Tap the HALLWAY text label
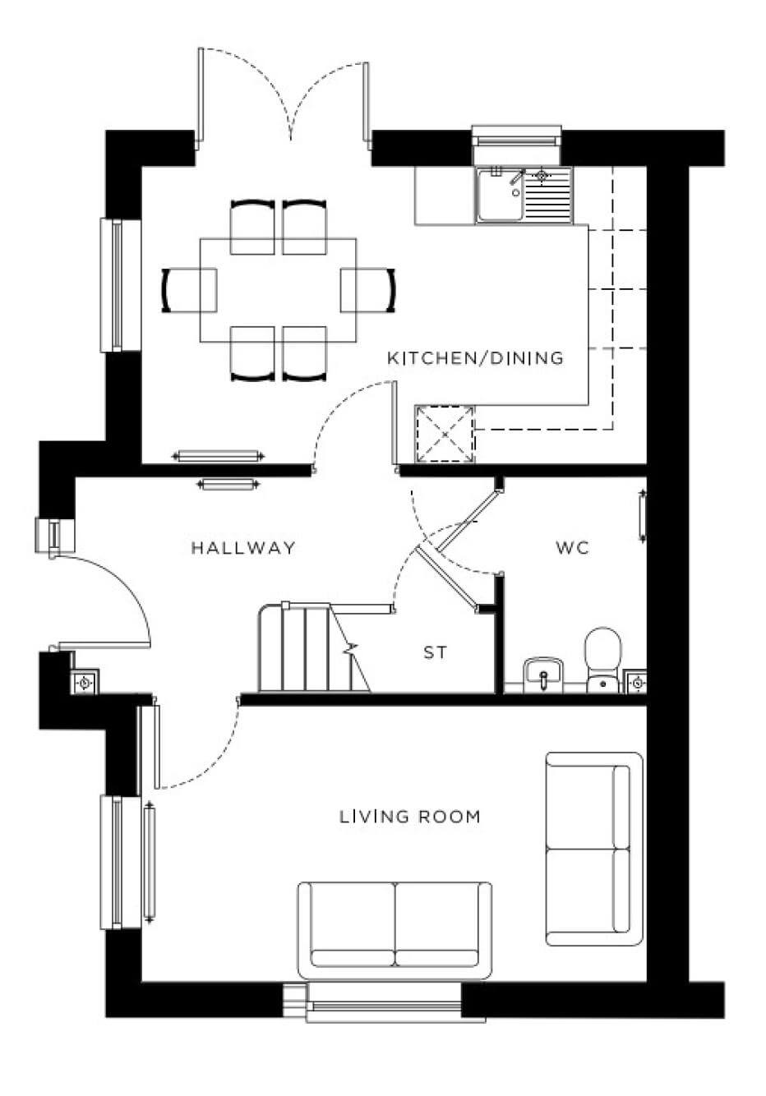(243, 548)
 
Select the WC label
(572, 548)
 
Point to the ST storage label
(436, 653)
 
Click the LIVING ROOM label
(409, 817)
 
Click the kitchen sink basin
(500, 196)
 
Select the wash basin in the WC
(542, 673)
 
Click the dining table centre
(279, 290)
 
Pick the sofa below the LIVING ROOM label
(395, 925)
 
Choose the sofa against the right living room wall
(593, 848)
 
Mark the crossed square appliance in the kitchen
(445, 433)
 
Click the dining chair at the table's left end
(189, 291)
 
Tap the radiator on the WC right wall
(642, 515)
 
